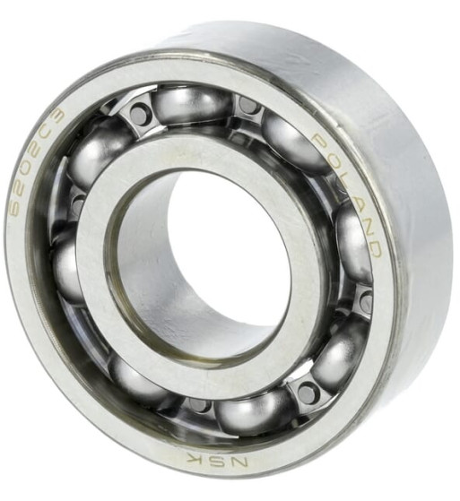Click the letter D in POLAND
pyautogui.click(x=372, y=246)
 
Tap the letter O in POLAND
pyautogui.click(x=333, y=161)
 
